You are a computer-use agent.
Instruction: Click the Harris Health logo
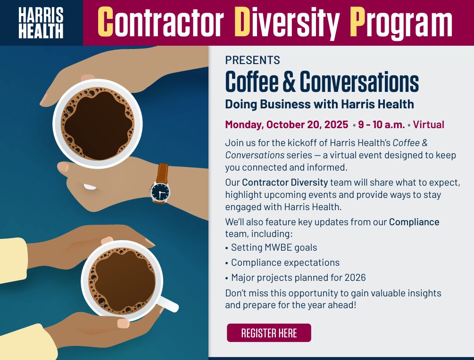point(41,23)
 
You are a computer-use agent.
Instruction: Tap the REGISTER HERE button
point(269,333)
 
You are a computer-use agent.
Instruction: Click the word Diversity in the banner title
point(286,22)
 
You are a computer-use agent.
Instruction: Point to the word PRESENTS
point(252,60)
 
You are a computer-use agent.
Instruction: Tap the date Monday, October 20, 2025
point(286,125)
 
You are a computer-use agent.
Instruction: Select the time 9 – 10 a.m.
point(381,125)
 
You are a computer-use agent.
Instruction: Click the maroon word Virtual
point(429,125)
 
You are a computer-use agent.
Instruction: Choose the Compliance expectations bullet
point(285,262)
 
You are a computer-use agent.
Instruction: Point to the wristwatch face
point(160,191)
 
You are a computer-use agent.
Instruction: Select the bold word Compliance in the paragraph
point(414,221)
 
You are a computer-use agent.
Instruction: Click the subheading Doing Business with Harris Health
point(319,104)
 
